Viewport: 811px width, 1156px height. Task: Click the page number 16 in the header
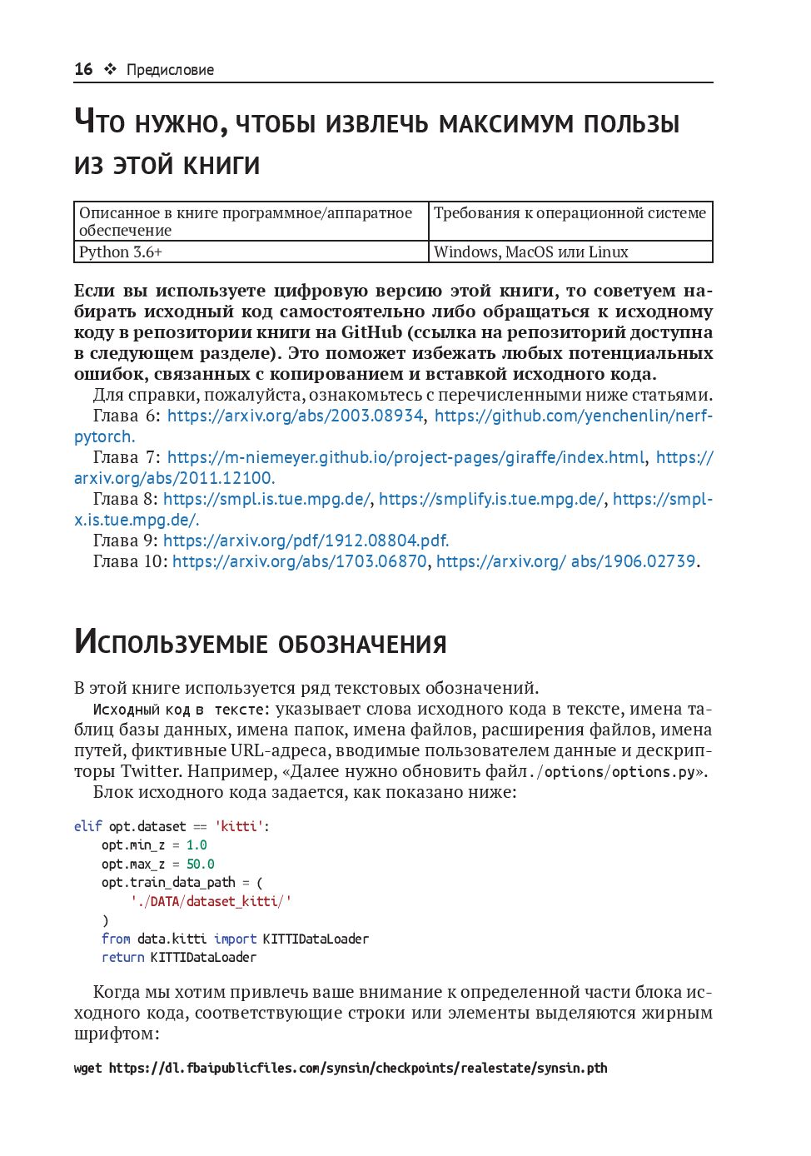click(83, 69)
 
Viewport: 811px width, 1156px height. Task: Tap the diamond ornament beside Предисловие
click(110, 69)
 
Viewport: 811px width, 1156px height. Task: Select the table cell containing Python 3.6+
click(251, 252)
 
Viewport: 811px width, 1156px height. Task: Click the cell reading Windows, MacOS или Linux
click(570, 252)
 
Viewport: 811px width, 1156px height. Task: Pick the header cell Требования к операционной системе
click(570, 213)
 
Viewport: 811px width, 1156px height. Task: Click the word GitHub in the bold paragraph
click(371, 332)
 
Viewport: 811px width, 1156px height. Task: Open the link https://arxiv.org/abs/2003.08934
click(295, 416)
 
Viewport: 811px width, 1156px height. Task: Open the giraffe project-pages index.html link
click(405, 457)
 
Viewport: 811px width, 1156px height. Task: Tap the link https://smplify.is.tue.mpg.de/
click(491, 499)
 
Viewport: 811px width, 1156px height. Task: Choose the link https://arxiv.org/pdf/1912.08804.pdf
click(306, 541)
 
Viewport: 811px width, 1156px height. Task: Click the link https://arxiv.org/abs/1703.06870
click(300, 561)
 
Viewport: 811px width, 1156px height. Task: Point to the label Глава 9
click(125, 541)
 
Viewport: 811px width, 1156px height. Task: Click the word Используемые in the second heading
click(171, 643)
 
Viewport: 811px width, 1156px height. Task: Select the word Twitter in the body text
click(150, 771)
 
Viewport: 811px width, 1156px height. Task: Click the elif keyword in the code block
click(87, 826)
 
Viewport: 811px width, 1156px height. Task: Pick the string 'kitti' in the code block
click(239, 826)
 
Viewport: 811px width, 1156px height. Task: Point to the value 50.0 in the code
click(200, 864)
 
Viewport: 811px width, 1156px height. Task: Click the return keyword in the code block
click(122, 957)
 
